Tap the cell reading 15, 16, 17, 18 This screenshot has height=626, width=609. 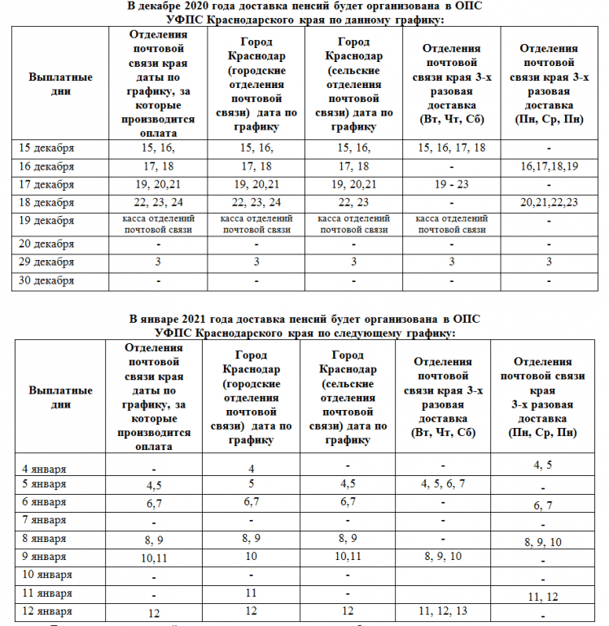[x=451, y=148]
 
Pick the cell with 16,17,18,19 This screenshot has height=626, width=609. [x=549, y=166]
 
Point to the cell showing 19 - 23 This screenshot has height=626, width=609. [x=451, y=184]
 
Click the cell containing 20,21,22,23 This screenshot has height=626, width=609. [x=549, y=203]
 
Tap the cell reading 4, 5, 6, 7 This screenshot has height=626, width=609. [x=443, y=484]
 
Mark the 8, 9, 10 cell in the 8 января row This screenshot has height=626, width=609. [x=543, y=542]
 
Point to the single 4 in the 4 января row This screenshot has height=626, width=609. [x=252, y=469]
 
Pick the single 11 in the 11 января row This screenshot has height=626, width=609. [x=252, y=593]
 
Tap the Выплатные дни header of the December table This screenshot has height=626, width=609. [x=59, y=83]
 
